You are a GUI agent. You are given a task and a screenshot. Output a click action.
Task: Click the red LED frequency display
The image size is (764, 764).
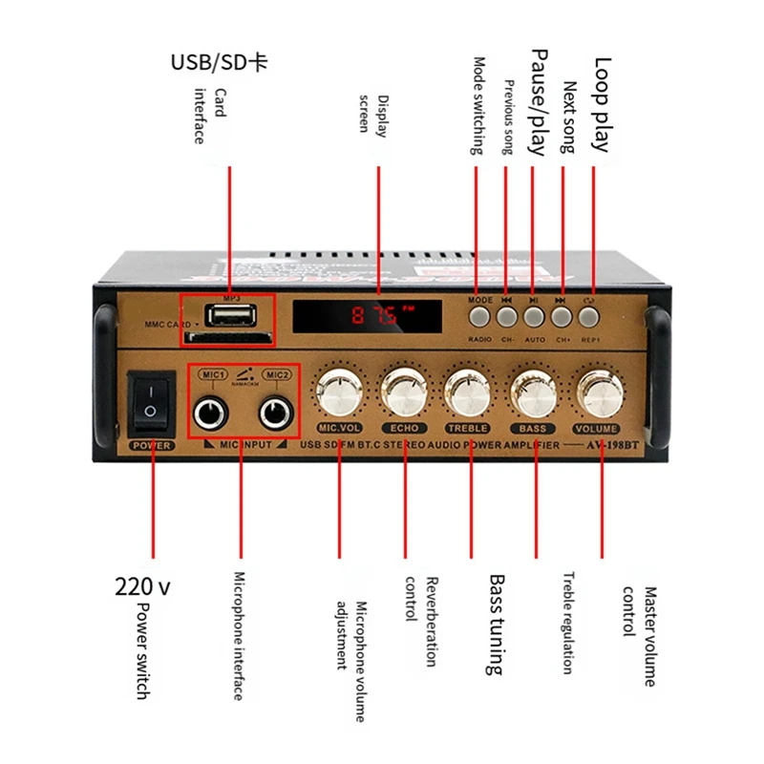[x=368, y=316]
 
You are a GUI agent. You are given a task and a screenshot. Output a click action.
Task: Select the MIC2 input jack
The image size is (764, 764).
[x=277, y=413]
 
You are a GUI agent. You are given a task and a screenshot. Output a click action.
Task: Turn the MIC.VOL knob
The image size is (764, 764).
[x=338, y=392]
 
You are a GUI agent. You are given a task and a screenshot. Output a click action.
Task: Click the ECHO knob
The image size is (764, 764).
[x=403, y=392]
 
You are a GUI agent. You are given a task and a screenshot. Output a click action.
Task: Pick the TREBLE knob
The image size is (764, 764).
[x=468, y=392]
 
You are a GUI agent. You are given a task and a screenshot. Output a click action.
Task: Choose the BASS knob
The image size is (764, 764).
[x=534, y=392]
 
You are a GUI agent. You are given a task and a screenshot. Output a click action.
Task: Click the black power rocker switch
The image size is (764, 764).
[x=150, y=400]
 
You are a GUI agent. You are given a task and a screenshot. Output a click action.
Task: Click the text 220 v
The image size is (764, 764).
[x=142, y=586]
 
